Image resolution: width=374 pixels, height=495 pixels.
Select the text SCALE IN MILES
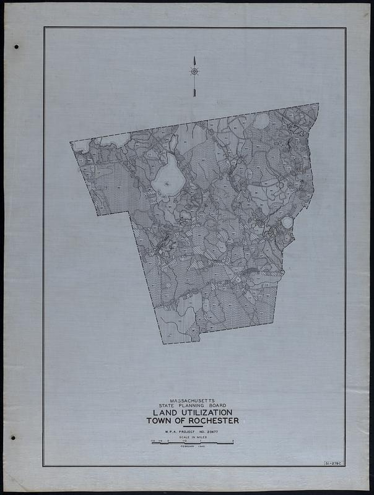(192, 437)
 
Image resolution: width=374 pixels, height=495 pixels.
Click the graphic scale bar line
(192, 443)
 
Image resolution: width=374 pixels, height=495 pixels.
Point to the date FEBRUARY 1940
(192, 447)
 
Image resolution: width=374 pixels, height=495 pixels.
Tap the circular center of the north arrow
(194, 72)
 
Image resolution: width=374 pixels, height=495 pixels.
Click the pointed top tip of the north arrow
(194, 57)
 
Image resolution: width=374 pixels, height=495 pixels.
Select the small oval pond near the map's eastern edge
(287, 222)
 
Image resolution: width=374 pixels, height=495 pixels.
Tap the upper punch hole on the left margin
(16, 47)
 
